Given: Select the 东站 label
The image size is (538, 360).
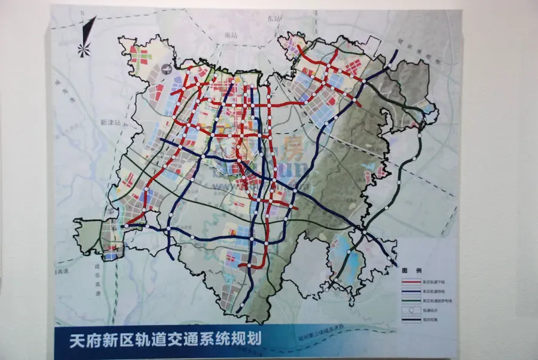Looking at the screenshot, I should pos(274,18).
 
